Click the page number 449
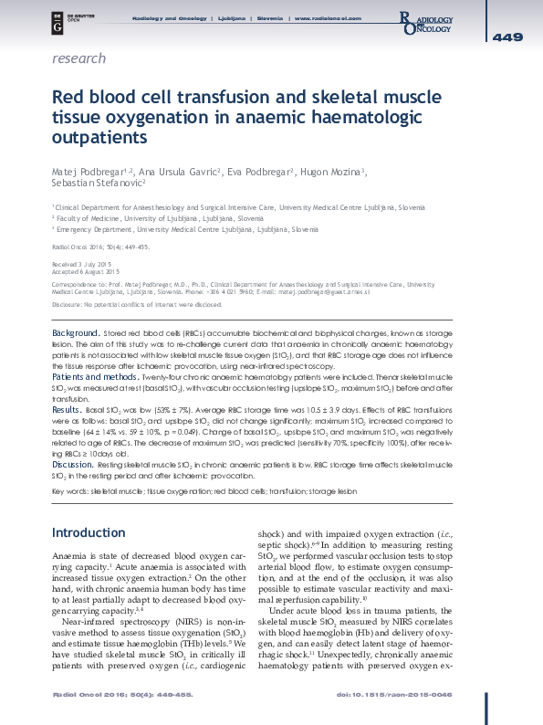(507, 37)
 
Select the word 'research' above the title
(79, 58)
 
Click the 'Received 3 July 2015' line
(77, 263)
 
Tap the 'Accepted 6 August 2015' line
(86, 271)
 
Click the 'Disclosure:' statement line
(138, 302)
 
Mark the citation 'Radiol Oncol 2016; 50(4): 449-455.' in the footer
(93, 697)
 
